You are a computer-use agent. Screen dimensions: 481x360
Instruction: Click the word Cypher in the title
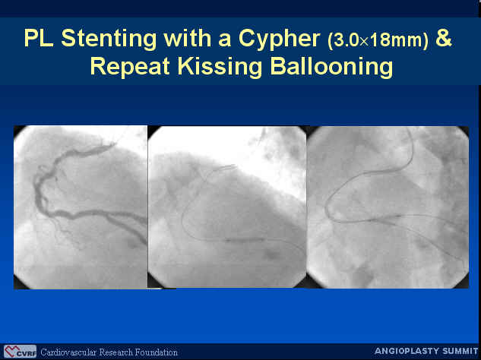[x=279, y=39]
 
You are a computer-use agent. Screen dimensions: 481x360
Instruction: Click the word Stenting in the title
[x=109, y=38]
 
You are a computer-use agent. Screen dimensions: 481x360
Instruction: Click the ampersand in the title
[x=443, y=37]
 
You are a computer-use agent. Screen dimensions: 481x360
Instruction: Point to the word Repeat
[x=130, y=67]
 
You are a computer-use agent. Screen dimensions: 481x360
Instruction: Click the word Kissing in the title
[x=220, y=67]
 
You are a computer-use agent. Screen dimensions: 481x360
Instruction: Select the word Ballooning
[x=331, y=67]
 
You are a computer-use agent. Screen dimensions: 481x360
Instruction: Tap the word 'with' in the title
[x=187, y=38]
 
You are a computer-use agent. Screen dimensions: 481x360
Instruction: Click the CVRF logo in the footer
[x=21, y=352]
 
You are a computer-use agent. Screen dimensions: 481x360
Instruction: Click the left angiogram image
[x=81, y=207]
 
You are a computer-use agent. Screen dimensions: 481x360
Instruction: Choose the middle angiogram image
[x=227, y=207]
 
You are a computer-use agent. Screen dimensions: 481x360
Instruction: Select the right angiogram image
[x=388, y=207]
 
